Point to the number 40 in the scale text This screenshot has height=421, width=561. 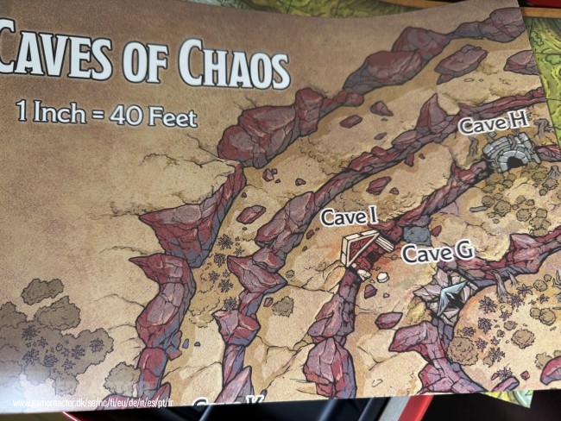(x=126, y=115)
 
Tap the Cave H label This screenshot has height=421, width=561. (x=493, y=123)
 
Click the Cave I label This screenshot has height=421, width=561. (x=349, y=217)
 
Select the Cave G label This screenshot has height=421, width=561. (x=438, y=253)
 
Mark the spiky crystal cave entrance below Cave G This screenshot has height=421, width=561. (x=445, y=298)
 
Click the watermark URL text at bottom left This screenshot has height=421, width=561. (x=94, y=403)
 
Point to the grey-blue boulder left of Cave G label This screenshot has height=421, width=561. (x=417, y=234)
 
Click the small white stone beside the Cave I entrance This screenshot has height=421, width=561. (x=381, y=277)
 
